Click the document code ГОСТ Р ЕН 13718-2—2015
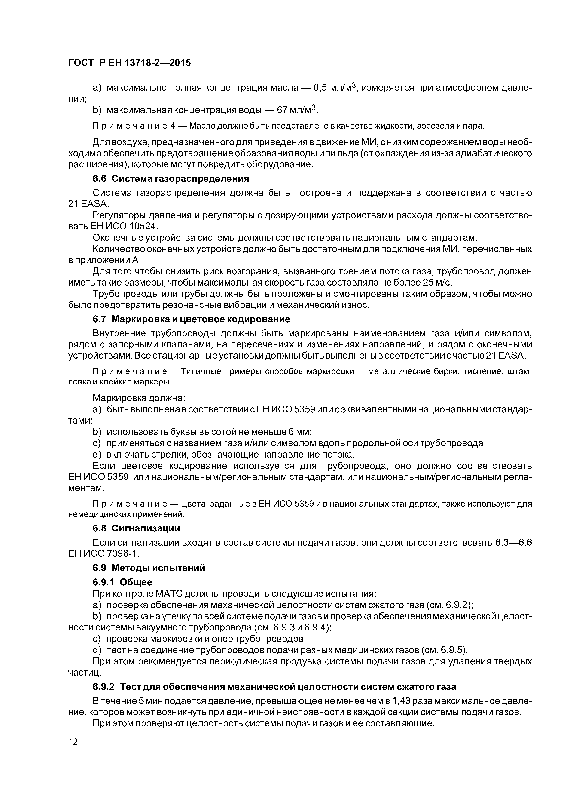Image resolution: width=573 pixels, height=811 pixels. [x=129, y=63]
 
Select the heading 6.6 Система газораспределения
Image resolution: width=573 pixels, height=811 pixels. [x=171, y=179]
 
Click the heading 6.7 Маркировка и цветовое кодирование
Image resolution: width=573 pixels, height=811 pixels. [x=191, y=319]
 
